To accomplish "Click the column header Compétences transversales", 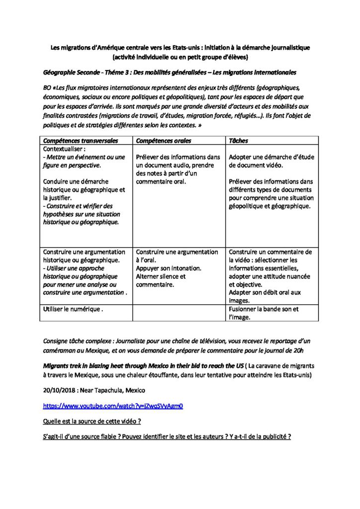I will click(81, 141).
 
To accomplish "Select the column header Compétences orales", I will click(163, 141).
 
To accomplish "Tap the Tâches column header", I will click(239, 141).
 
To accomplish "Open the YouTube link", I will click(113, 406).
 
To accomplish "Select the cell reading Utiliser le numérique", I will click(73, 309).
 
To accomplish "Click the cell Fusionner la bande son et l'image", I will click(264, 313).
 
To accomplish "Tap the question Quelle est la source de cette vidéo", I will click(92, 422).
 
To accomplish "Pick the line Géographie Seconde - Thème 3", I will click(99, 73).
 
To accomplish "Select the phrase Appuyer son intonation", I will click(169, 268).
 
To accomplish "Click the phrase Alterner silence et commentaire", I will click(161, 280).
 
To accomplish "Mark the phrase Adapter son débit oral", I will click(265, 293).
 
